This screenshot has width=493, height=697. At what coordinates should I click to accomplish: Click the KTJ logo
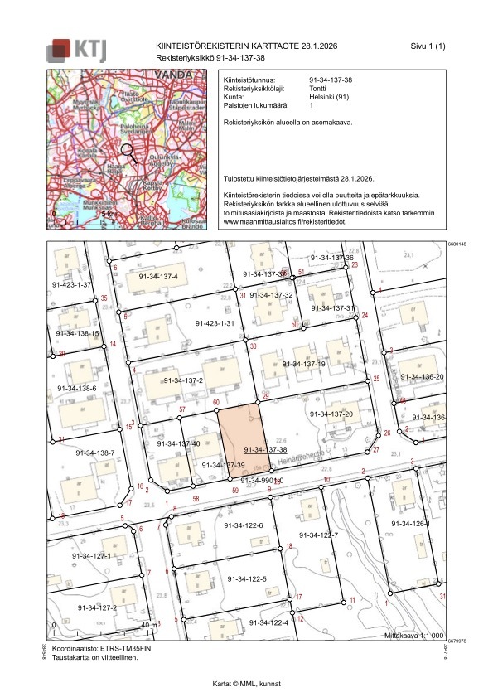click(76, 50)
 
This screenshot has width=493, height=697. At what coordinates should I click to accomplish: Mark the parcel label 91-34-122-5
click(246, 578)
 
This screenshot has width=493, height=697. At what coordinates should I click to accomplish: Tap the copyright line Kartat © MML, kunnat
click(246, 684)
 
